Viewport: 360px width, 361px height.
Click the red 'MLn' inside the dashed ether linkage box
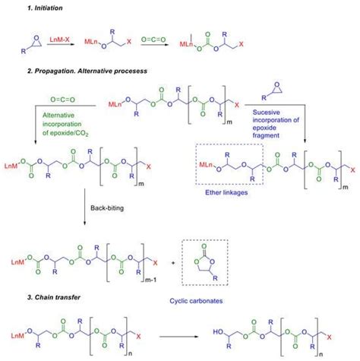pos(205,164)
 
